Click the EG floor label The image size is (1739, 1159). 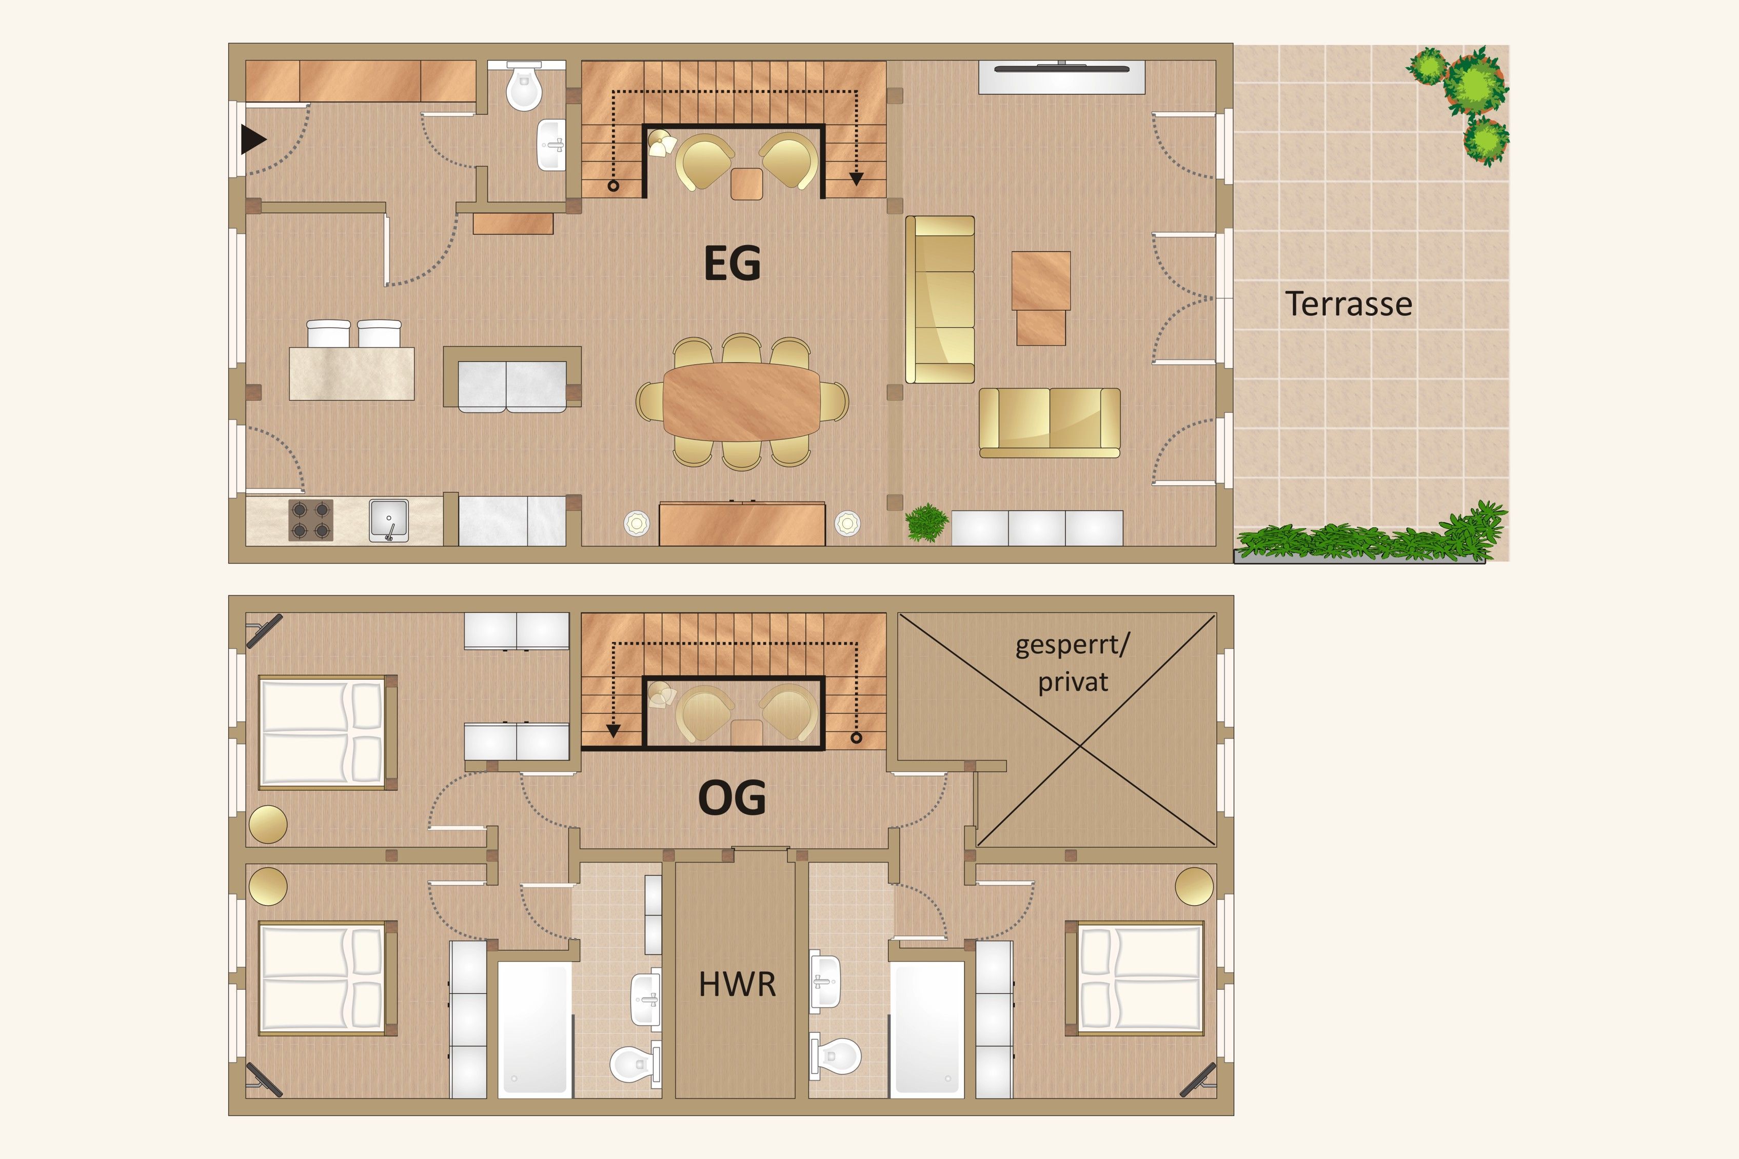tap(732, 263)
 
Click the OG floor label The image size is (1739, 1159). tap(732, 797)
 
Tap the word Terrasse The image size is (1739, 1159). tap(1349, 304)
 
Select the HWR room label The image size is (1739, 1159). tap(737, 985)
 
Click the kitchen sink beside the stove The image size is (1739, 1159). tap(389, 521)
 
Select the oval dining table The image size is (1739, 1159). tap(742, 402)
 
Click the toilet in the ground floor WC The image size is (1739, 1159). tap(524, 86)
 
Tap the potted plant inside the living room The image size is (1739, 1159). tap(926, 522)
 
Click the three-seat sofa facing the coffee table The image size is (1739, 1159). tap(940, 299)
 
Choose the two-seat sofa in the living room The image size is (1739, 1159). tap(1049, 423)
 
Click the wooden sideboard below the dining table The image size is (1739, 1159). tap(742, 524)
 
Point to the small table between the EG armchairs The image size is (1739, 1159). tap(747, 184)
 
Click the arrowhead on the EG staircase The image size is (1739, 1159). tap(856, 179)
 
